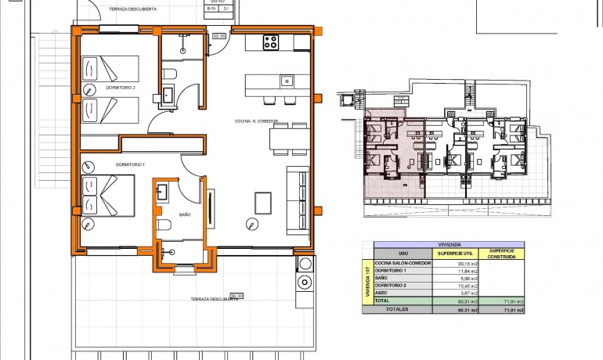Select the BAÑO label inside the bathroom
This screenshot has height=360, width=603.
pos(185,214)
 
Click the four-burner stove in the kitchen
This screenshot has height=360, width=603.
pos(271,42)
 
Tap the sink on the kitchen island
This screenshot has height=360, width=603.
pos(287,80)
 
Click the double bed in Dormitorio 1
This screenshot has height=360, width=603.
pos(107,196)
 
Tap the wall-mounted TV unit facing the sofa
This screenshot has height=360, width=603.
pos(212,208)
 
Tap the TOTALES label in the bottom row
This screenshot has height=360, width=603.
pos(398,310)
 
